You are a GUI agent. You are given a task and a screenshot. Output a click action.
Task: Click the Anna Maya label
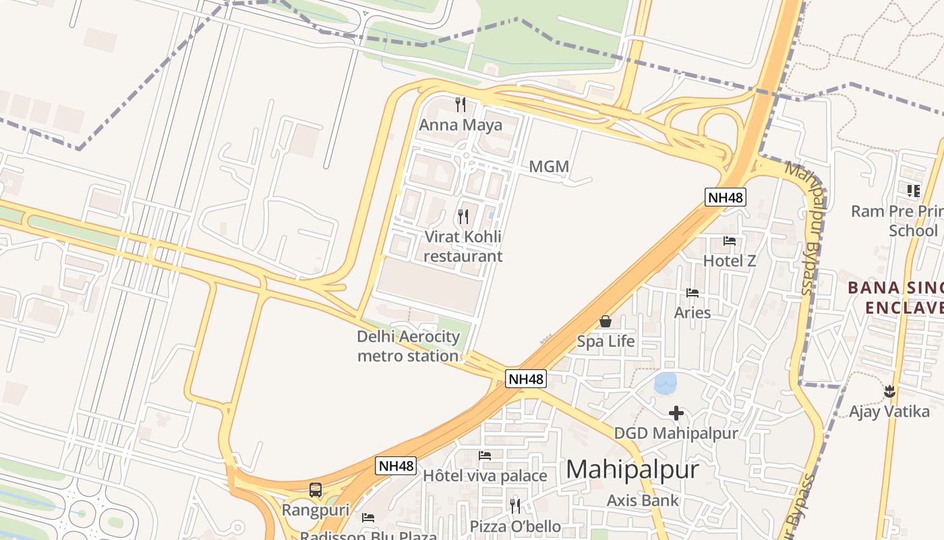tap(461, 125)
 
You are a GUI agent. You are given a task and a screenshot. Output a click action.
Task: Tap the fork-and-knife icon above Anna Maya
tap(461, 104)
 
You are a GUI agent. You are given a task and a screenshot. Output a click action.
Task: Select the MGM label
tap(549, 166)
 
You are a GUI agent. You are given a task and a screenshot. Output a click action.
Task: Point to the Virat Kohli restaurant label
tap(463, 246)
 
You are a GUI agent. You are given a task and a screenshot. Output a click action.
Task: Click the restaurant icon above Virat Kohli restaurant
tap(463, 217)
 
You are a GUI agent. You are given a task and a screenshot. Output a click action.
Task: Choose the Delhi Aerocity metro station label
tap(409, 346)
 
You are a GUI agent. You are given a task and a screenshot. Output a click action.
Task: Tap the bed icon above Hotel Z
tap(729, 241)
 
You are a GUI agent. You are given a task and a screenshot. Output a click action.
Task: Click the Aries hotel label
tap(692, 313)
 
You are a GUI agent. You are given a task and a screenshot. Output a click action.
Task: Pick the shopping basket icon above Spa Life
tap(606, 321)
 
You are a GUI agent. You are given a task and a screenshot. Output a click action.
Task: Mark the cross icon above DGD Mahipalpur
tap(676, 413)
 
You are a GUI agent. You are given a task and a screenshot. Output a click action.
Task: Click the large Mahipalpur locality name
tap(632, 469)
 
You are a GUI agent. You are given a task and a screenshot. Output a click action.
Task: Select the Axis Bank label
tap(643, 500)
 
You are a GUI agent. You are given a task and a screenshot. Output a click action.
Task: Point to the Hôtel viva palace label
tap(485, 476)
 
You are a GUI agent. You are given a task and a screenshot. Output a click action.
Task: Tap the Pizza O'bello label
tap(515, 526)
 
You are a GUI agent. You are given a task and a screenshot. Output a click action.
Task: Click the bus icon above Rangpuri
tap(315, 490)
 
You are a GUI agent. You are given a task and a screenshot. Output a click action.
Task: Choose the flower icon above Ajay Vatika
tap(889, 391)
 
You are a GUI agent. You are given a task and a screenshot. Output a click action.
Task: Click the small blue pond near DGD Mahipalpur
tap(666, 383)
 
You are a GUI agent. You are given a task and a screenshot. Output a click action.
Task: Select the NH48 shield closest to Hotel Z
tap(726, 197)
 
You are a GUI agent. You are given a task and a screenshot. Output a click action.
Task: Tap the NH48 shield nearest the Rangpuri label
tap(396, 466)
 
